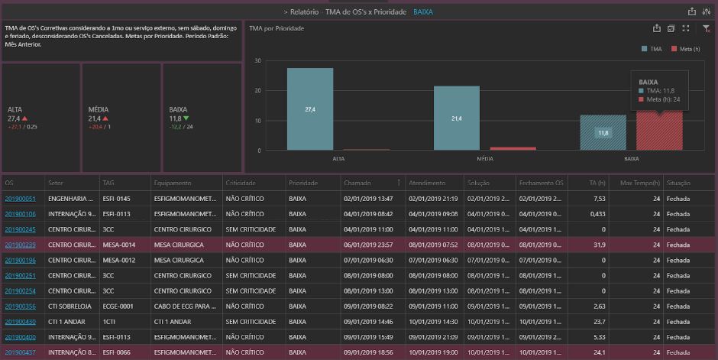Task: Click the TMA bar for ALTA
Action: (310, 109)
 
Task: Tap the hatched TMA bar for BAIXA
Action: (603, 132)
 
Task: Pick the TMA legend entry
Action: (652, 49)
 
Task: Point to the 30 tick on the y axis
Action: (257, 61)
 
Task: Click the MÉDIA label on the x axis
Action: (484, 159)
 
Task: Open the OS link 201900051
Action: (20, 199)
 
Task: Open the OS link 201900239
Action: (20, 245)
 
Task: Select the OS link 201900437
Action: (20, 352)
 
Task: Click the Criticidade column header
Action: (241, 183)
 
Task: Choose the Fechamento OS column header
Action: (541, 183)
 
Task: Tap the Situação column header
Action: (680, 183)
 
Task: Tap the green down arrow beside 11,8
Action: (187, 118)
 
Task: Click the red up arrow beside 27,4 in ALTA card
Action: (25, 118)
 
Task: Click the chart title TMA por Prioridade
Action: (277, 28)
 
